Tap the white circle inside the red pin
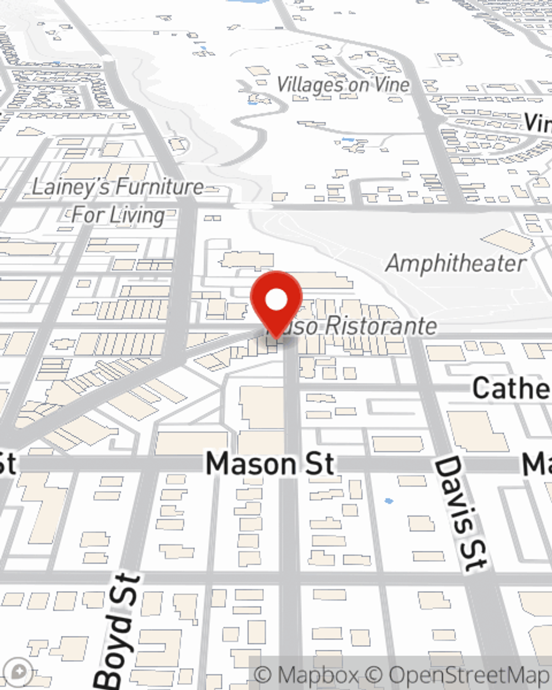[x=277, y=300]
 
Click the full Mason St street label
[x=270, y=464]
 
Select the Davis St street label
[x=460, y=513]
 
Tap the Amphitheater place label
[x=456, y=263]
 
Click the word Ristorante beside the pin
[x=381, y=326]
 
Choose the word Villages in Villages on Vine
[x=310, y=84]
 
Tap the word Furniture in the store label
[x=160, y=187]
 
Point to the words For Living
[x=119, y=215]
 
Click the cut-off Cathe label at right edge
[x=511, y=388]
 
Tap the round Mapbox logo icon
[x=18, y=672]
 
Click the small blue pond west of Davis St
[x=389, y=501]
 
